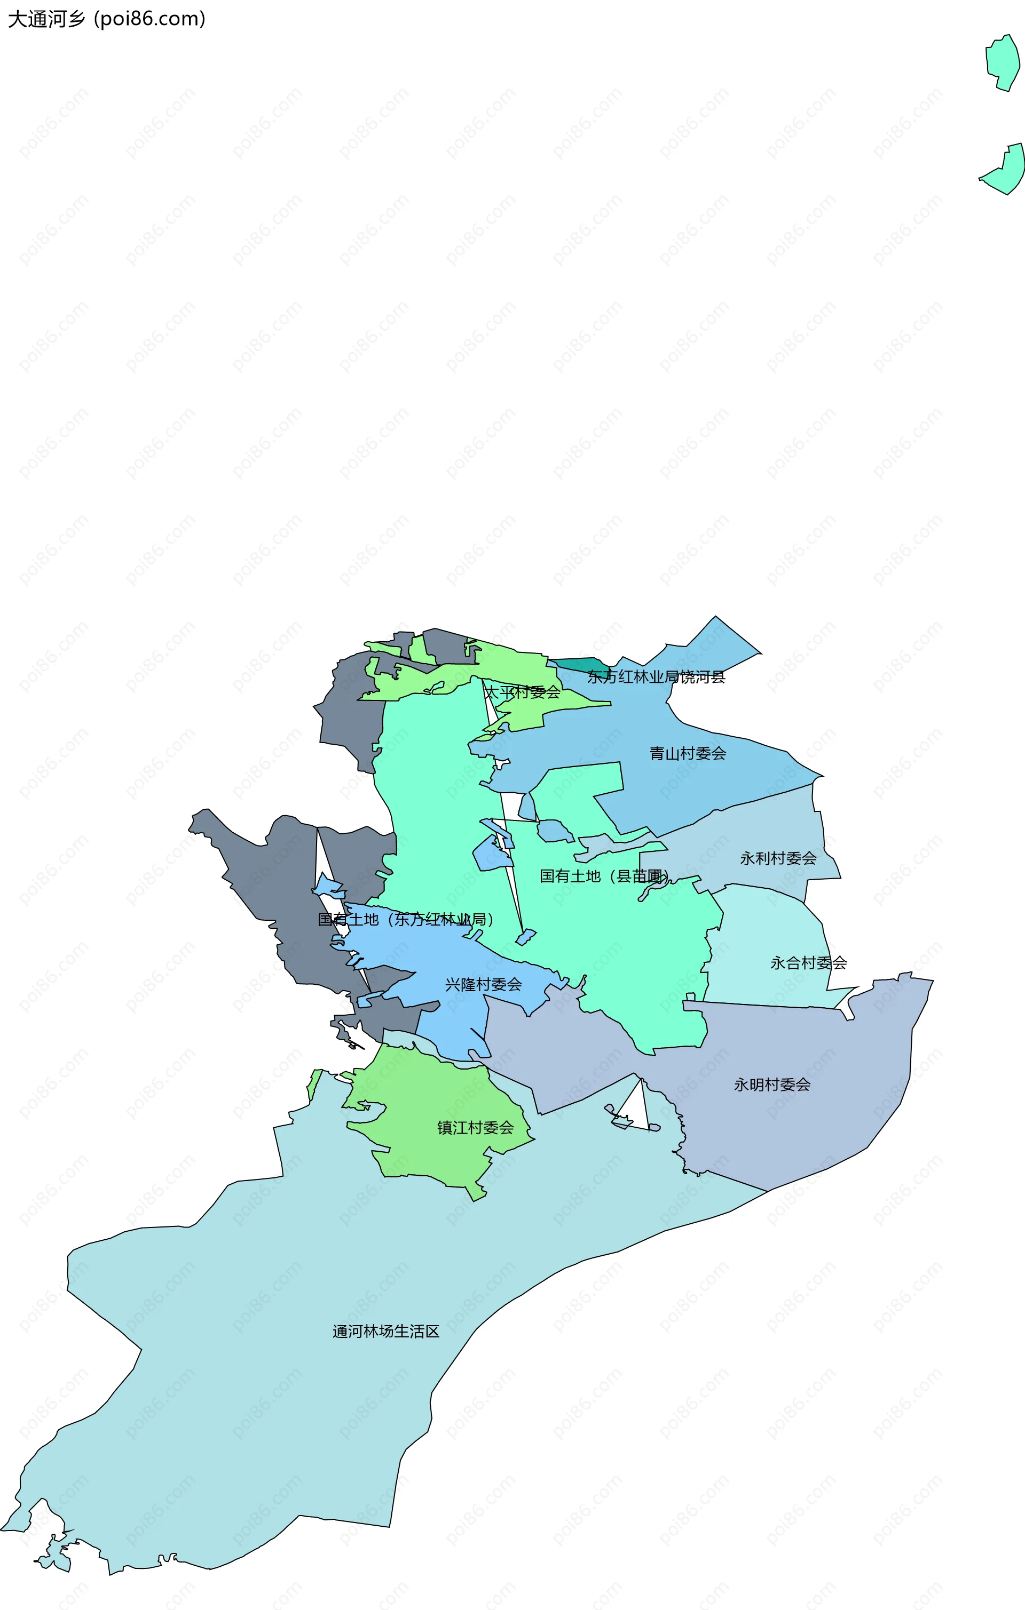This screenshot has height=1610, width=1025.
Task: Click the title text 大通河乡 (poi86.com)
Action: tap(106, 19)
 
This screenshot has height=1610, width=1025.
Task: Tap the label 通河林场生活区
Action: tap(386, 1331)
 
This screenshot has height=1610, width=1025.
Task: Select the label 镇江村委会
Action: tap(475, 1128)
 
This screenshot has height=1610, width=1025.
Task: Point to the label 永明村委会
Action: tap(772, 1085)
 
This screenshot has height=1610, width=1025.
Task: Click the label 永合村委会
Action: tap(808, 963)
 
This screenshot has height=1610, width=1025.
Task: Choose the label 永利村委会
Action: tap(778, 858)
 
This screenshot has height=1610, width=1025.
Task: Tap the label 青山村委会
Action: tap(688, 753)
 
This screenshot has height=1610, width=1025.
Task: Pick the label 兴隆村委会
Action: tap(483, 984)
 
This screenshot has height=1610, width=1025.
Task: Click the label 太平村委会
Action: tap(522, 692)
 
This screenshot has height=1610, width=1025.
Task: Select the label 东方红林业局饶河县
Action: tap(656, 676)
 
